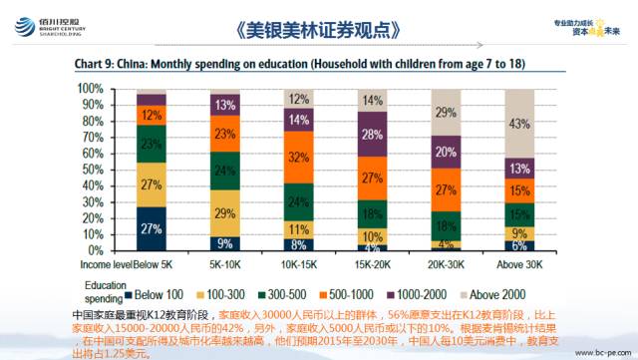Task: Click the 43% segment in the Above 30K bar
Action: (x=519, y=123)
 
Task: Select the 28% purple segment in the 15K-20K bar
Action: (x=373, y=134)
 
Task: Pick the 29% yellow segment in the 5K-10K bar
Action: (x=225, y=213)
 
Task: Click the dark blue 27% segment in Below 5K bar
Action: (x=152, y=228)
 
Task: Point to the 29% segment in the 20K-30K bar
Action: (x=447, y=112)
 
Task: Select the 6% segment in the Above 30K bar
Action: (x=519, y=245)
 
